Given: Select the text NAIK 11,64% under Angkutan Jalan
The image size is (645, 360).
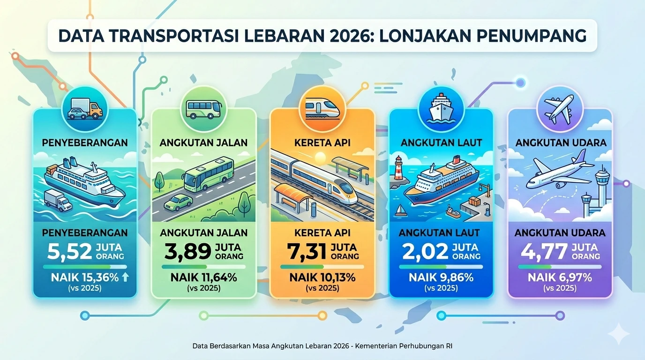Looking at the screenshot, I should point(203,277).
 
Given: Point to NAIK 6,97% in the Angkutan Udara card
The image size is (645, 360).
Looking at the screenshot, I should point(559,277).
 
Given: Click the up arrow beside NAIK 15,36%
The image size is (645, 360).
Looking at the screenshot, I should point(125,277).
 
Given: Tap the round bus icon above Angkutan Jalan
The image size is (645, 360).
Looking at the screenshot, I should point(203,109).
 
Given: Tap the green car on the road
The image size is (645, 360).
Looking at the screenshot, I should point(178,202).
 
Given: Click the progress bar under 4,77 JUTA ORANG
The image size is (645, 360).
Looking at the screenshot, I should point(559,267).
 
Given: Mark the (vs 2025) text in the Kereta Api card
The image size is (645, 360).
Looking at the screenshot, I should point(322,288).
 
